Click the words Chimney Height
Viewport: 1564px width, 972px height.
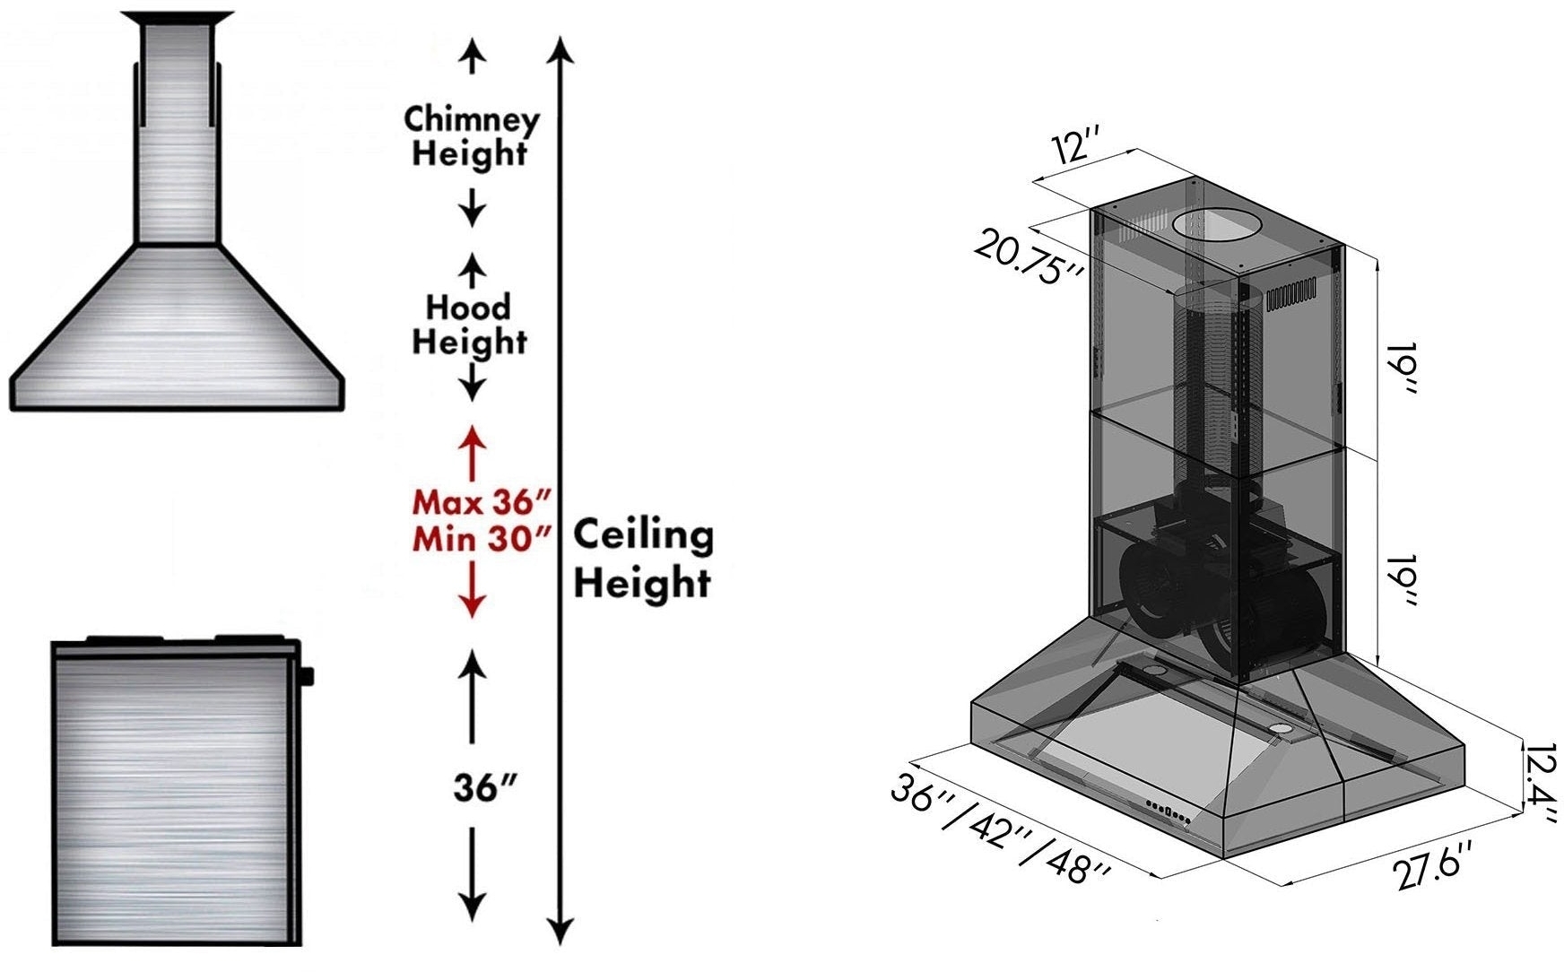472,136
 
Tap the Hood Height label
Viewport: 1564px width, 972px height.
469,324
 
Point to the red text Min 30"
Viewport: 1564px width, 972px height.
481,539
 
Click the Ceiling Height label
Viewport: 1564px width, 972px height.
643,558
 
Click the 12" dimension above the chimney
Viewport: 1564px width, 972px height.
1078,146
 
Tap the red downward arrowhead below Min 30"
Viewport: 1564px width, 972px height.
473,605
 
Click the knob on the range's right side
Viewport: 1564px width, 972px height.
308,675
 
